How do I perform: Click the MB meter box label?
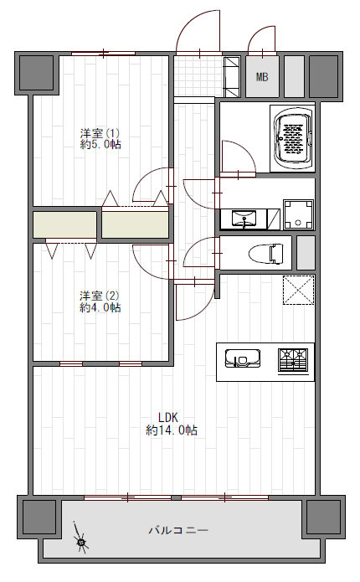click(262, 77)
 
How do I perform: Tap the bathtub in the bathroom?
click(292, 138)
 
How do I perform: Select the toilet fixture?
click(265, 253)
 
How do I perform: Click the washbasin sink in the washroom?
click(244, 219)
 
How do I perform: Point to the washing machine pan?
click(298, 214)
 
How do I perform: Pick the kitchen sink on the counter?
click(242, 358)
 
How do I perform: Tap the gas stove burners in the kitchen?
click(293, 359)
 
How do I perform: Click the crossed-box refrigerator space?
click(298, 290)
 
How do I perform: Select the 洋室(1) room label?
click(100, 132)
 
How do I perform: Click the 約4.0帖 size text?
click(100, 307)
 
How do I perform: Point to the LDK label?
click(169, 417)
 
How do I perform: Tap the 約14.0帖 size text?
click(172, 430)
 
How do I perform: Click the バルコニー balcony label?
click(178, 530)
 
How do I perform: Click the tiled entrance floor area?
click(198, 76)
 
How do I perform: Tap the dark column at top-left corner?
click(36, 72)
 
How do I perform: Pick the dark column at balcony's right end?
click(323, 517)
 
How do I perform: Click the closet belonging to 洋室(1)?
click(135, 224)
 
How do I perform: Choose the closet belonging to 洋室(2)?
click(65, 224)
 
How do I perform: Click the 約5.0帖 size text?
click(100, 144)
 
